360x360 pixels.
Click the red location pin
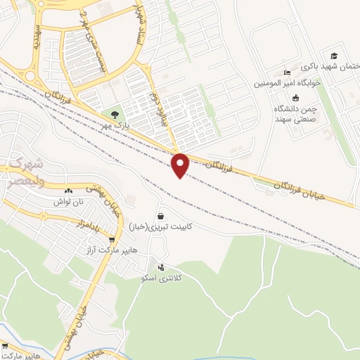[x=181, y=165]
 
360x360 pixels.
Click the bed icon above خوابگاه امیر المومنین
[x=285, y=72]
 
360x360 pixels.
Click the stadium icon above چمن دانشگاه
[x=295, y=98]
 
